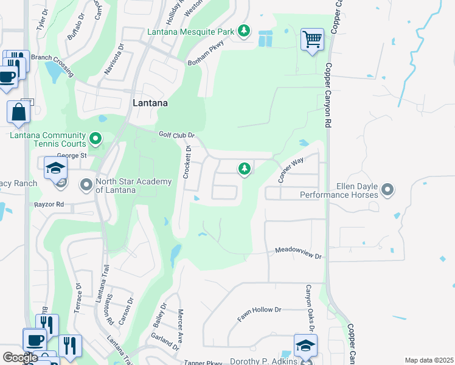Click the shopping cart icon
[x=312, y=40]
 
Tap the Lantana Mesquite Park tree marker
[x=244, y=30]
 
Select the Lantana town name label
[x=150, y=103]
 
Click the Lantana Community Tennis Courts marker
[x=96, y=140]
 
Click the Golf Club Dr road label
[x=176, y=134]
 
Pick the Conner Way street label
[x=290, y=171]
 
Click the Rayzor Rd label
[x=49, y=204]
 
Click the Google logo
[x=20, y=358]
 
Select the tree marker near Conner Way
[x=245, y=169]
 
